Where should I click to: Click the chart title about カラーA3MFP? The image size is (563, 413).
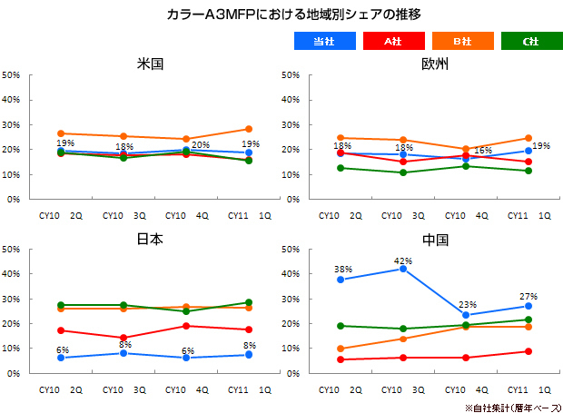coord(281,15)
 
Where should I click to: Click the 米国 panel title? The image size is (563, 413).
coord(151,65)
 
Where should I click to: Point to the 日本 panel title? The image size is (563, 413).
coord(151,240)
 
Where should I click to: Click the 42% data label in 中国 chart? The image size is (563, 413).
coord(403,261)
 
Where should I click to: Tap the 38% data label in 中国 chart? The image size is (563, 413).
coord(342,270)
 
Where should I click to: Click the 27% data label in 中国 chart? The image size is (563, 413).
coord(528,296)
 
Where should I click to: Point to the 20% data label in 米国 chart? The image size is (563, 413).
coord(200,144)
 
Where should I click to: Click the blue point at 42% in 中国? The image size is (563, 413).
coord(403,269)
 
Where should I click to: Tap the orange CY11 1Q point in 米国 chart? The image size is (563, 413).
coord(248,129)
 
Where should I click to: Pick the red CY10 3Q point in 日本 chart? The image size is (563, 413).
coord(124,338)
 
